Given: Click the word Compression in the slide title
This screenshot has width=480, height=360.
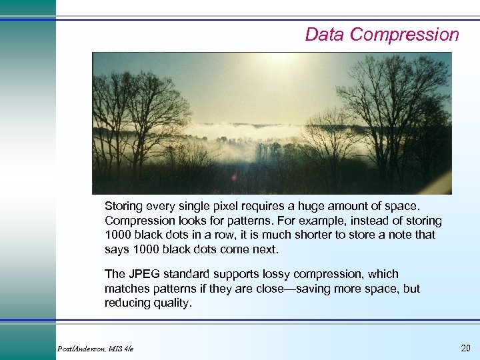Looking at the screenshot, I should (404, 35).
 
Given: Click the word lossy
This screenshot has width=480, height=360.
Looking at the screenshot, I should (265, 274).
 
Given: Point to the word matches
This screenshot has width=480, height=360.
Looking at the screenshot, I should (125, 289).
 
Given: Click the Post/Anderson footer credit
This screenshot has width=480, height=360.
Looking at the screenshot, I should (95, 349).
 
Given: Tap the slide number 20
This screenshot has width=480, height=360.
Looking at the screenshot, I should (465, 348).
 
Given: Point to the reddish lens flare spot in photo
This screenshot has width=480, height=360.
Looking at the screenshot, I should (233, 177).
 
